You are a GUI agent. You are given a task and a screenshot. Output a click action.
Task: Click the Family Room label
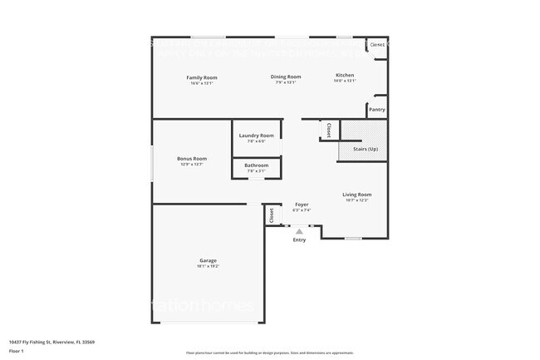click(x=202, y=77)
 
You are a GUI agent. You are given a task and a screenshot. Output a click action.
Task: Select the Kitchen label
click(x=345, y=76)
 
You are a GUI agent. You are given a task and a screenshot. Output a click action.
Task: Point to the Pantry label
click(x=376, y=109)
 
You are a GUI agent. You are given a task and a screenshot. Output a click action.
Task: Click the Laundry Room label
click(x=256, y=136)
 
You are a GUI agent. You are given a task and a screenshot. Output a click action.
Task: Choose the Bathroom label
click(x=256, y=165)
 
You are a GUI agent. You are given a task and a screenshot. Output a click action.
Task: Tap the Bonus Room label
click(x=192, y=159)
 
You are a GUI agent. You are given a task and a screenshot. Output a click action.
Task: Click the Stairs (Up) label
click(x=366, y=149)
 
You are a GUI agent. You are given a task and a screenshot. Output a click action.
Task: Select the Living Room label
click(x=356, y=195)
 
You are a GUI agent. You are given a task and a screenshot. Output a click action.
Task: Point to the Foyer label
click(x=301, y=205)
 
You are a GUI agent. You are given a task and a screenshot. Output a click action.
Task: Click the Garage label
click(x=208, y=260)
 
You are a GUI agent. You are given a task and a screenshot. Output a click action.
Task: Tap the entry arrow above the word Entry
click(x=299, y=231)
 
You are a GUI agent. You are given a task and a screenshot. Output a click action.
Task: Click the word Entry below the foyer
click(x=299, y=240)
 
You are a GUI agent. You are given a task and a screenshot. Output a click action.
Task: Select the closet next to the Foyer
click(x=272, y=215)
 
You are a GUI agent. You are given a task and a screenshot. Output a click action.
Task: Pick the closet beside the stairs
click(x=329, y=131)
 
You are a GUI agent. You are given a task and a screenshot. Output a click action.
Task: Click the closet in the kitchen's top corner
click(x=377, y=45)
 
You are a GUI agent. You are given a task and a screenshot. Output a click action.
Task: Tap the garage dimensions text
click(x=208, y=266)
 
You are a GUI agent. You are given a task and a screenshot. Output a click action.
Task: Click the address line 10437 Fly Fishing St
click(x=52, y=341)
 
